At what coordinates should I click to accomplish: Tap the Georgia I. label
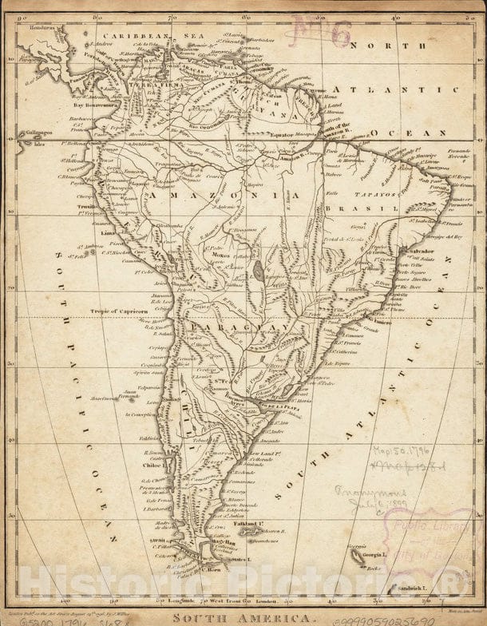[372, 553]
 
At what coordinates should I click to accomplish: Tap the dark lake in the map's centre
[259, 271]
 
